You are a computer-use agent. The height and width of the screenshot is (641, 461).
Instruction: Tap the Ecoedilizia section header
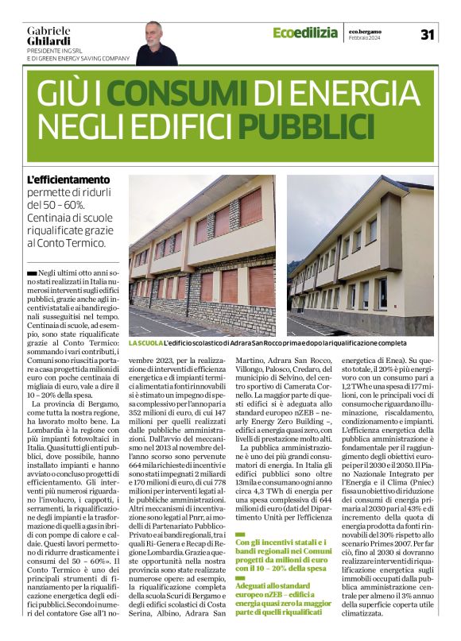[304, 33]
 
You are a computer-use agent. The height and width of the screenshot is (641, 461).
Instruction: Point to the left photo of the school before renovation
[202, 255]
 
